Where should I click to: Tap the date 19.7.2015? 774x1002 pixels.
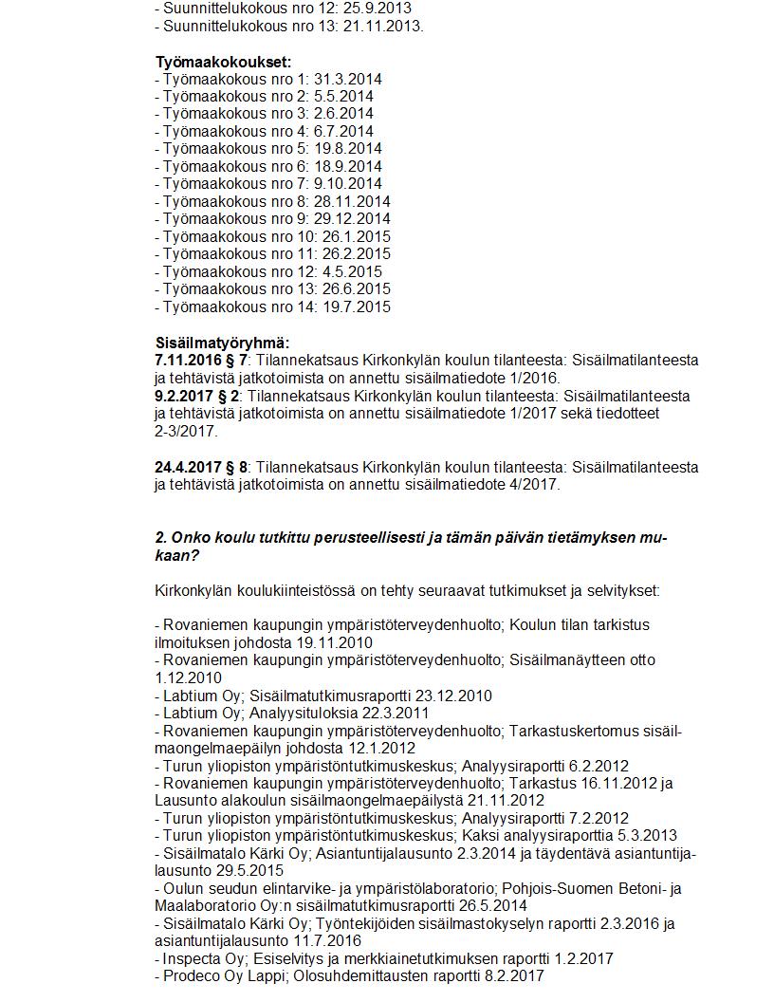[x=357, y=306]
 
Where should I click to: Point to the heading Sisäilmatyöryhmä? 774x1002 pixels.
[x=222, y=343]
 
